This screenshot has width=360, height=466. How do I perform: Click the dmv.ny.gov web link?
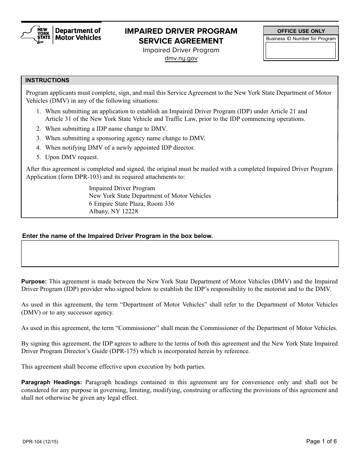click(x=181, y=58)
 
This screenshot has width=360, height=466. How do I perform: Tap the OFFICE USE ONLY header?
click(x=301, y=31)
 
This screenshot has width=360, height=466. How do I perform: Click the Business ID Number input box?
click(x=301, y=50)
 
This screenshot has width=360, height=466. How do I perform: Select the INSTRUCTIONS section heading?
click(x=47, y=80)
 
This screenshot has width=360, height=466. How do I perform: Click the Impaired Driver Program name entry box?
click(x=180, y=253)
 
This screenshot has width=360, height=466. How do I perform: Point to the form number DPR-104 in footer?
click(x=39, y=442)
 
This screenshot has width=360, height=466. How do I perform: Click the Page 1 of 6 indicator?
click(x=321, y=441)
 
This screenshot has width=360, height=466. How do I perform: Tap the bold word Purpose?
click(x=34, y=281)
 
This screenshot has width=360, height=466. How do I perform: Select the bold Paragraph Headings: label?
click(x=51, y=382)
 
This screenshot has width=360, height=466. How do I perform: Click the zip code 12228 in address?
click(x=129, y=211)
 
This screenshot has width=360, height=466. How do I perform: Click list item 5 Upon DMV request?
click(x=71, y=157)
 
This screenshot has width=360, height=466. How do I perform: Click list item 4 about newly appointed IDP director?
click(x=119, y=148)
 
